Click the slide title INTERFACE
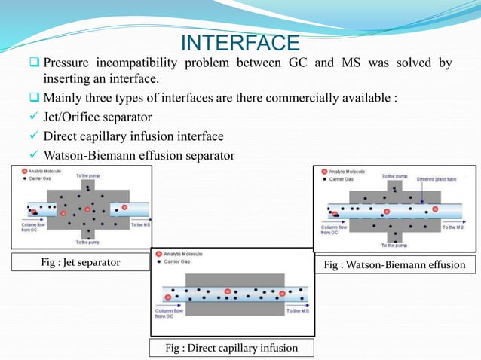click(240, 40)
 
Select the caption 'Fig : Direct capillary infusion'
click(231, 347)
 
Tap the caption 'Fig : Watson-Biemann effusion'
click(394, 264)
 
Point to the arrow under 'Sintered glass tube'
click(426, 195)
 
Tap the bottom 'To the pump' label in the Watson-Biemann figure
click(397, 245)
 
